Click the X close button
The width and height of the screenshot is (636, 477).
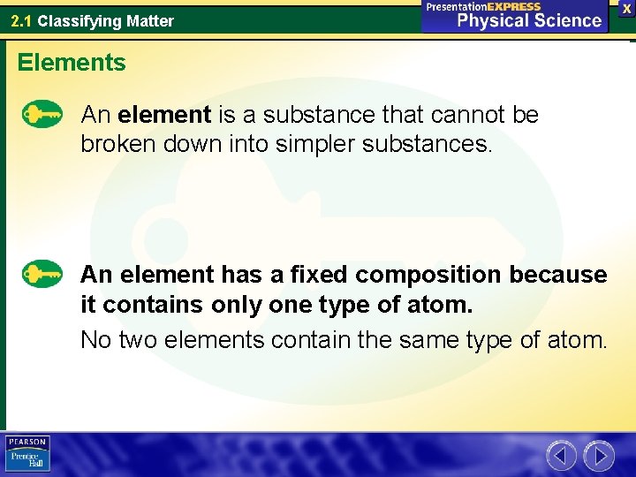click(626, 8)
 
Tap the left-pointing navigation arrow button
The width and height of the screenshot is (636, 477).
click(561, 456)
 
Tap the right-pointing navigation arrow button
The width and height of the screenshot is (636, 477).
click(599, 456)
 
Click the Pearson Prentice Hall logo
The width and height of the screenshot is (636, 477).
click(27, 454)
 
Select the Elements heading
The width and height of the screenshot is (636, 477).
click(72, 63)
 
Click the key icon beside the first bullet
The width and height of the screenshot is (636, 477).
click(42, 115)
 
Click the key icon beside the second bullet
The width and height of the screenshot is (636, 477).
click(42, 274)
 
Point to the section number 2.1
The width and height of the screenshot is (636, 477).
click(22, 20)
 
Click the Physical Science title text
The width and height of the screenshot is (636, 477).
click(529, 20)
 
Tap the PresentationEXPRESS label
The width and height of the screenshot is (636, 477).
click(483, 6)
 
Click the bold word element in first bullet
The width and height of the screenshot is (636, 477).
click(164, 115)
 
